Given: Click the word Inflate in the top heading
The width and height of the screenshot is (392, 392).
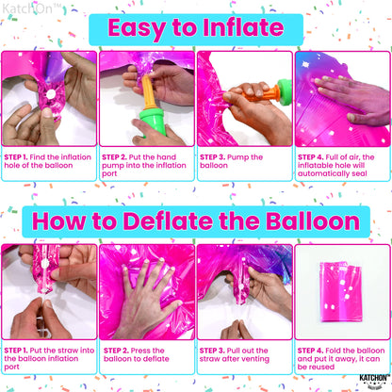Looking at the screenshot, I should click(249, 27).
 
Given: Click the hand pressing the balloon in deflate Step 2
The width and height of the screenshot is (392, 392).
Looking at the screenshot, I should click(146, 302).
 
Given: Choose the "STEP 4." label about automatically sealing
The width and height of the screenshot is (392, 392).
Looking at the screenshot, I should click(311, 155).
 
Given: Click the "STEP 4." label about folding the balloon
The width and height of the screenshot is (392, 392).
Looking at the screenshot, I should click(311, 349).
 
